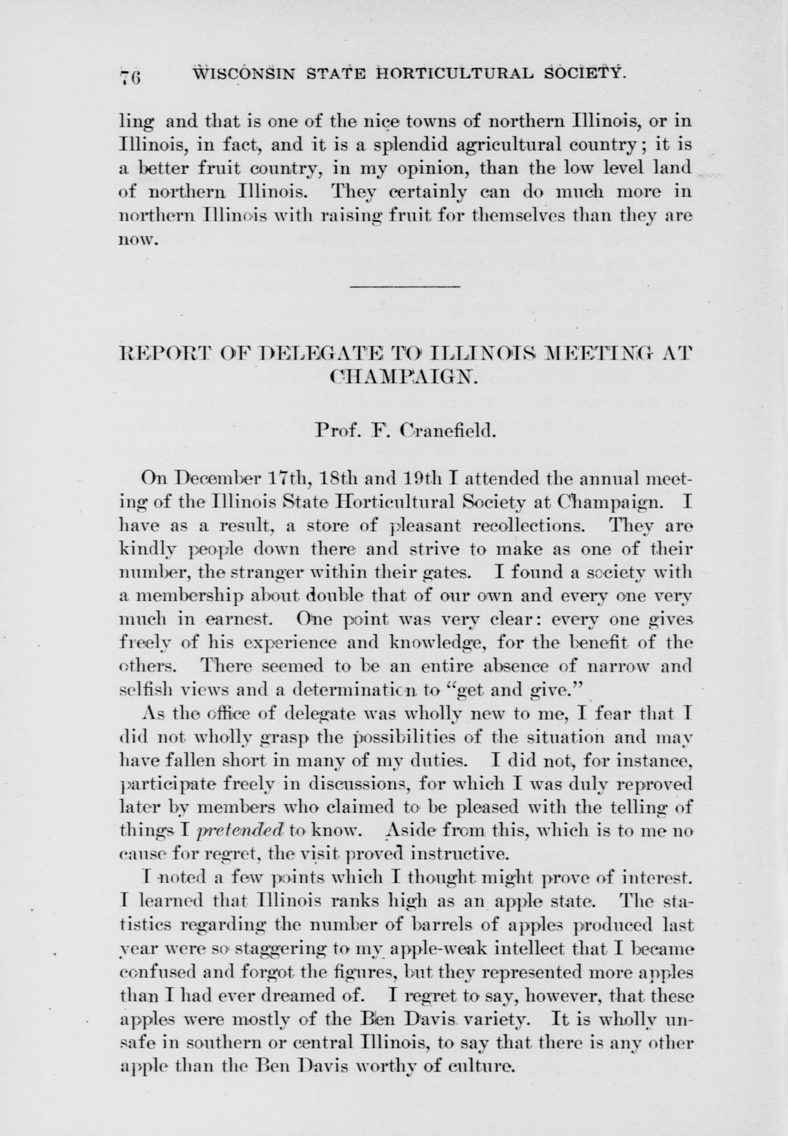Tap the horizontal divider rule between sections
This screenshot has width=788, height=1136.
(405, 286)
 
